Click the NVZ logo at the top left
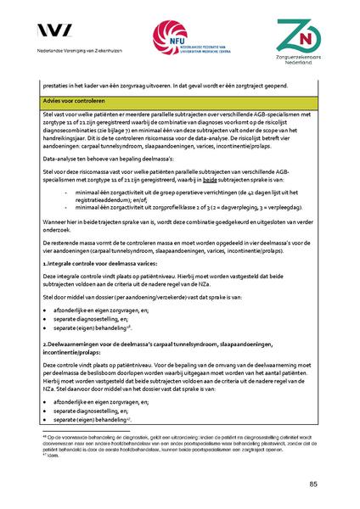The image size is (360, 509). (59, 31)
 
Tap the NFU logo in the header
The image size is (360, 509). (179, 38)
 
